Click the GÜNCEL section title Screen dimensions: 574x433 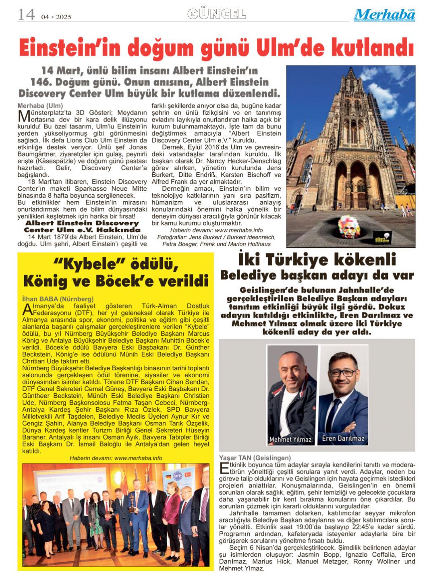click(x=217, y=14)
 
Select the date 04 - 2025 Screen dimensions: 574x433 click(x=56, y=17)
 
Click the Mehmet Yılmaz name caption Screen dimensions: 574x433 click(x=290, y=439)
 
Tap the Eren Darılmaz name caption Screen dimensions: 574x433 click(x=343, y=438)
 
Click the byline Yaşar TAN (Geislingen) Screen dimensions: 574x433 click(x=255, y=458)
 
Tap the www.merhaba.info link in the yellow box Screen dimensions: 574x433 click(x=138, y=458)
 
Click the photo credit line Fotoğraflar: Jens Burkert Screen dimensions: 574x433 click(x=216, y=237)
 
